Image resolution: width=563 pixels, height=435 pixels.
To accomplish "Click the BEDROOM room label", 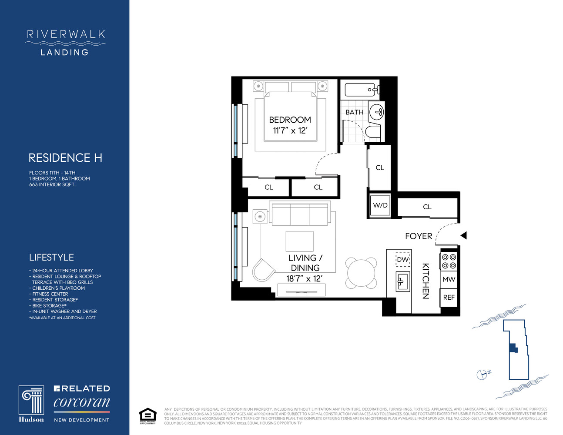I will point(290,120).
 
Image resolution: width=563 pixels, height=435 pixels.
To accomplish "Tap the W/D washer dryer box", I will point(380,205).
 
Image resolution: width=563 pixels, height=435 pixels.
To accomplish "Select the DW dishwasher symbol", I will point(403,260).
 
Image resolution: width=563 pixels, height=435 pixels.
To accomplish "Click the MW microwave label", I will point(449,280).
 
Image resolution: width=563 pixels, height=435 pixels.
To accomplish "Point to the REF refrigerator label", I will point(449,298).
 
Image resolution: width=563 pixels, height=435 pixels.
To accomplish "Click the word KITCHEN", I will point(426,281).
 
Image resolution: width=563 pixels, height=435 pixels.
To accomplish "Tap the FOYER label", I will point(419,236).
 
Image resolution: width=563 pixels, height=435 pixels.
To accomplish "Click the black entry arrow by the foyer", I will point(463,235).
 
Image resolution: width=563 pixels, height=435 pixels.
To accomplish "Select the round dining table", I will point(361,273).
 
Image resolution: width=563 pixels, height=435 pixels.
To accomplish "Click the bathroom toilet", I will point(373,132).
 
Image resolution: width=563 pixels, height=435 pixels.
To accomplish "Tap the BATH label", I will point(354,112).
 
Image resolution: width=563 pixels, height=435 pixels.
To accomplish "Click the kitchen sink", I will point(402,281).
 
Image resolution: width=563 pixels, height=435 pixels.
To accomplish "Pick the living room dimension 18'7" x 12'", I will point(304,279).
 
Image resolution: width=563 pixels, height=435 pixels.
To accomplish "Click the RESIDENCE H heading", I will point(65,157).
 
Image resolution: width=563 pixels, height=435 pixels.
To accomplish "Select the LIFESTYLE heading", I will point(51,257).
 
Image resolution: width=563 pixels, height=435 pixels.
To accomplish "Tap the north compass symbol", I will point(482,374).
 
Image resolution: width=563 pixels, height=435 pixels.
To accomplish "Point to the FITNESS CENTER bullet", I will point(50,294).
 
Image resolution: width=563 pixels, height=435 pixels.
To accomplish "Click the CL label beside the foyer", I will point(427,207).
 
